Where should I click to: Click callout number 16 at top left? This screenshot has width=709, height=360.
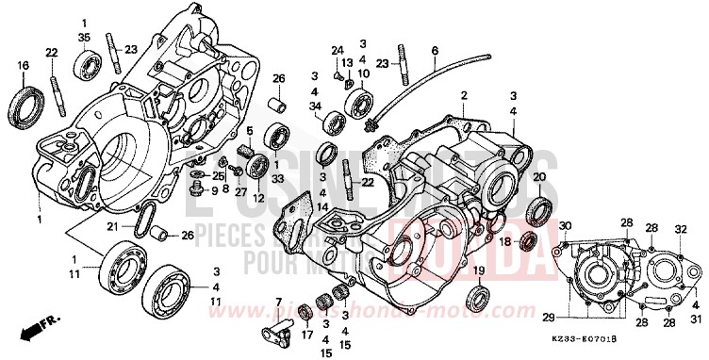pyautogui.click(x=22, y=65)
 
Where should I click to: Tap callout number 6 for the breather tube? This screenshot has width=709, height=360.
pyautogui.click(x=435, y=51)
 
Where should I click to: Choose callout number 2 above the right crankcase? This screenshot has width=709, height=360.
pyautogui.click(x=464, y=96)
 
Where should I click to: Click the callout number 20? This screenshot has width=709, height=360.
pyautogui.click(x=539, y=177)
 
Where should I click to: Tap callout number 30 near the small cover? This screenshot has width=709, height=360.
pyautogui.click(x=565, y=226)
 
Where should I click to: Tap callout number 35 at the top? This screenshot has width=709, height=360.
pyautogui.click(x=84, y=38)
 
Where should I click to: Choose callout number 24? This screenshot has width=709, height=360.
pyautogui.click(x=337, y=48)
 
